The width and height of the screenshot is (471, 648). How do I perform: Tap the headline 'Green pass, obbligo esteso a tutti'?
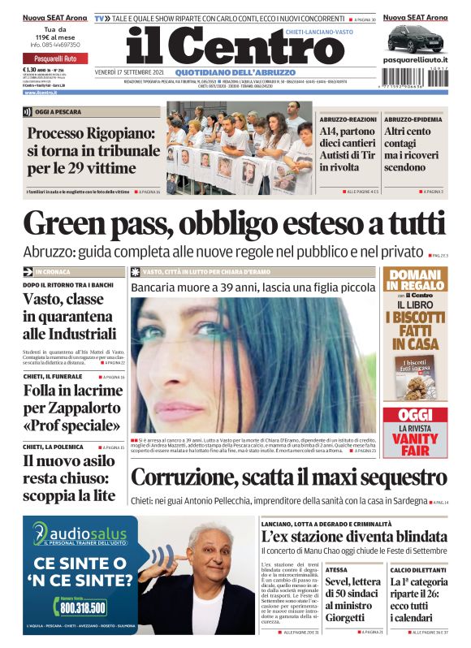coord(235,225)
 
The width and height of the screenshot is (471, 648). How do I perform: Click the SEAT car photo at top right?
coord(414,39)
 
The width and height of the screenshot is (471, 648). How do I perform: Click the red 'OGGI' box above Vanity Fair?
coord(414,414)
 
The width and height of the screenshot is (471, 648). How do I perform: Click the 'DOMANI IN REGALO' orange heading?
coord(414,281)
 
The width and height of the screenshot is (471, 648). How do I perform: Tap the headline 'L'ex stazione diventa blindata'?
coord(353,536)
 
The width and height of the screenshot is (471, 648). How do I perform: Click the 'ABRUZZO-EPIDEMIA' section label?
coord(413,119)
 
